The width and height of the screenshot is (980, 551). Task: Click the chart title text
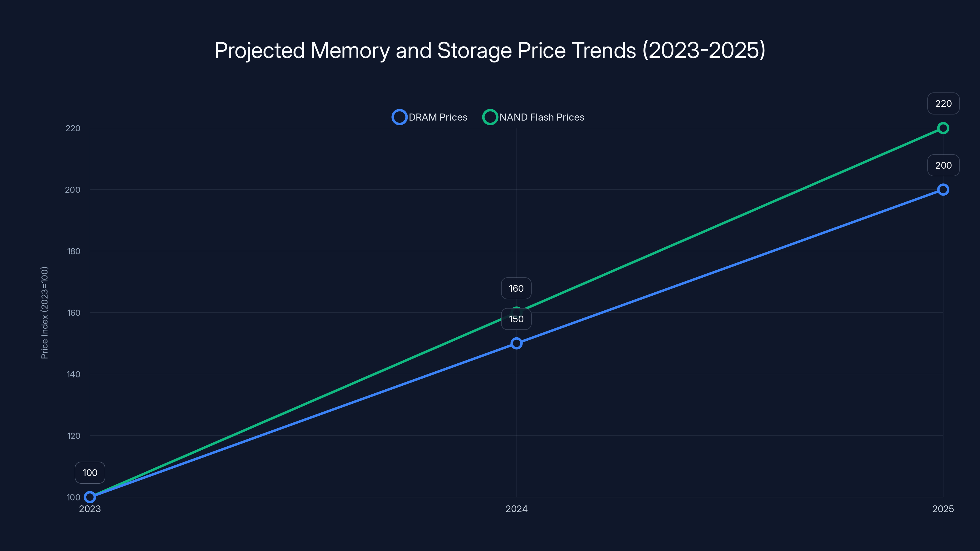[490, 50]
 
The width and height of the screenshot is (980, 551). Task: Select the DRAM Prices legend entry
[430, 117]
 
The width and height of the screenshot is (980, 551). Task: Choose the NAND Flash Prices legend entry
[533, 117]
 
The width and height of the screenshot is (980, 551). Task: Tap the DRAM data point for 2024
[516, 343]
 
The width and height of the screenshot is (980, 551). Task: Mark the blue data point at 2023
[90, 497]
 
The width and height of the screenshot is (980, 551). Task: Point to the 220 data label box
[943, 103]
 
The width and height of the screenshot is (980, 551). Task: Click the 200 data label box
[943, 165]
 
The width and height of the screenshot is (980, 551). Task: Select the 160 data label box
[516, 288]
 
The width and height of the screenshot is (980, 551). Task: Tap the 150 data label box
[516, 319]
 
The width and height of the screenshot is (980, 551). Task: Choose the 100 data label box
[90, 473]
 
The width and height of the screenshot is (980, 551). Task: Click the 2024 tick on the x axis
[516, 509]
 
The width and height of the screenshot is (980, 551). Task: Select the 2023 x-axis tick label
[90, 509]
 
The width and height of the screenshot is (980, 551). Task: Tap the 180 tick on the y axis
[74, 251]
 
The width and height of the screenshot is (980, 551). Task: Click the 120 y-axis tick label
[74, 436]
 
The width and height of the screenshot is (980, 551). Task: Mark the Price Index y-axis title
[44, 313]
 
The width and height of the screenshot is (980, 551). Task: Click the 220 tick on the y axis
[73, 129]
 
